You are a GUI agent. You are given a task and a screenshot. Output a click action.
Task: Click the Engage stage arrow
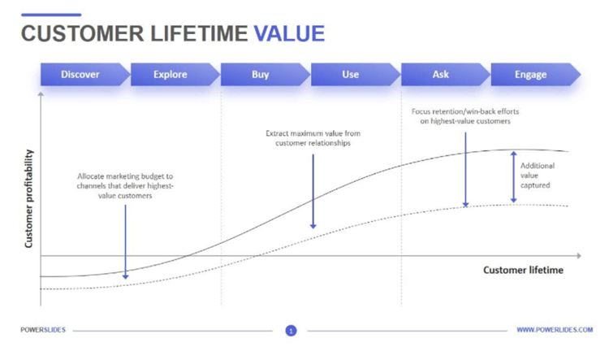pyautogui.click(x=536, y=74)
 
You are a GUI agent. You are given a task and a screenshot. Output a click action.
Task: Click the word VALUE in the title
pyautogui.click(x=289, y=33)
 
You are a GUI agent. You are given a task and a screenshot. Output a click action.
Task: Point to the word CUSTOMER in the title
pyautogui.click(x=82, y=33)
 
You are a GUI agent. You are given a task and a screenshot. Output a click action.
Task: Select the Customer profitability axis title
pyautogui.click(x=28, y=198)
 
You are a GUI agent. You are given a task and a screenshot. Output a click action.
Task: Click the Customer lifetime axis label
pyautogui.click(x=523, y=270)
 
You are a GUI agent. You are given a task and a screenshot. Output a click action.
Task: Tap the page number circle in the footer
pyautogui.click(x=291, y=331)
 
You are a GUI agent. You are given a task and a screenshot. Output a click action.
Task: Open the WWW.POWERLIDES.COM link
pyautogui.click(x=555, y=330)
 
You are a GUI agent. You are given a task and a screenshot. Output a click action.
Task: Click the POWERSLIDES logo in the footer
pyautogui.click(x=43, y=330)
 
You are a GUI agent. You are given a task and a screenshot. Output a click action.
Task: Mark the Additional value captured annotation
pyautogui.click(x=538, y=176)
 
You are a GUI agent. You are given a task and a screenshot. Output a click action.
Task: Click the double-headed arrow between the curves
pyautogui.click(x=513, y=177)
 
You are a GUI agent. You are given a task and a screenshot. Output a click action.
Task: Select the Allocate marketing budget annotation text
pyautogui.click(x=125, y=186)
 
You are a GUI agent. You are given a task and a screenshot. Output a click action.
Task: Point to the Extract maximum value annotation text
pyautogui.click(x=313, y=138)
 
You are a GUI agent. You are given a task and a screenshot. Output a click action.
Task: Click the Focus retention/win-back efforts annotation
pyautogui.click(x=465, y=116)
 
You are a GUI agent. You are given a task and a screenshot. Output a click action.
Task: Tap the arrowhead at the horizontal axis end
pyautogui.click(x=579, y=256)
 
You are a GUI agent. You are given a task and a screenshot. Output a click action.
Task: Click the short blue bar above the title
pyautogui.click(x=51, y=15)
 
